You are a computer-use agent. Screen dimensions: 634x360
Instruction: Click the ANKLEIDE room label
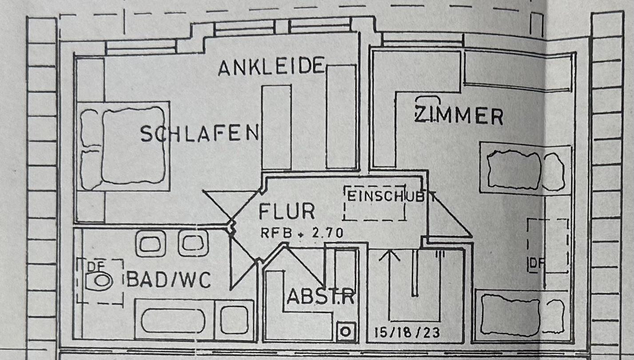(x=271, y=67)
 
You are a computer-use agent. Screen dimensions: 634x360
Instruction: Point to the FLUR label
(x=287, y=211)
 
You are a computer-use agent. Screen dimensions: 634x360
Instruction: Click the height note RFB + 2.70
(x=302, y=233)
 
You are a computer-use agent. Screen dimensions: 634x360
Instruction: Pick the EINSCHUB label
(x=386, y=196)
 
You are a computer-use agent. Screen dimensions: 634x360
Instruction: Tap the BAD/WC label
(x=169, y=280)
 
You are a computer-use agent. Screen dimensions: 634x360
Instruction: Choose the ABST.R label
(x=320, y=296)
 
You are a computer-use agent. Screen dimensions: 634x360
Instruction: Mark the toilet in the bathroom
(x=100, y=281)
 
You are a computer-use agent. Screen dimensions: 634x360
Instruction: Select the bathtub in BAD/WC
(x=173, y=320)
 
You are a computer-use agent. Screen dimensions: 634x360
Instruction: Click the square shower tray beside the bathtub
(x=234, y=320)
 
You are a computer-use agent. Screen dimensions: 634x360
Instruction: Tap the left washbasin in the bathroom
(x=151, y=244)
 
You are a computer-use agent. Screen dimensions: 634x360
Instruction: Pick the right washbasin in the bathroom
(x=193, y=243)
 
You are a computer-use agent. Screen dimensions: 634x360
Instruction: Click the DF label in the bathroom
(x=96, y=266)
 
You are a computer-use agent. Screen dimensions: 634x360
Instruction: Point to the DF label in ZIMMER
(x=536, y=263)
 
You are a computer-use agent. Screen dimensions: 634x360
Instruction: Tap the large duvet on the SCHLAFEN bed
(x=133, y=145)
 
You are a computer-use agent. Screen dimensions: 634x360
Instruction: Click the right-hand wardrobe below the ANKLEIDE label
(x=341, y=117)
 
